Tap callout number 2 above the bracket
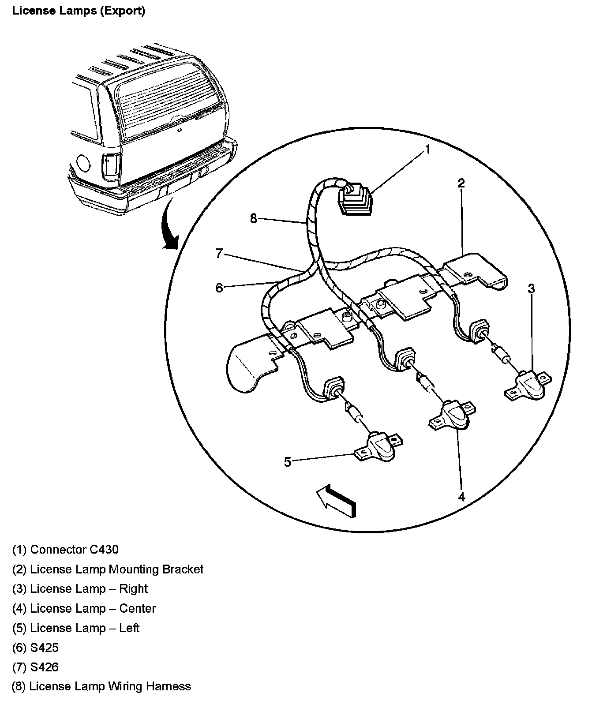pyautogui.click(x=461, y=183)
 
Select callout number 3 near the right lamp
pyautogui.click(x=532, y=289)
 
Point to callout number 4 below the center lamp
pyautogui.click(x=461, y=497)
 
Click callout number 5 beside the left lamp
pyautogui.click(x=288, y=462)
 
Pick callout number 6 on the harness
pyautogui.click(x=219, y=288)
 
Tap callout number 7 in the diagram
pyautogui.click(x=219, y=254)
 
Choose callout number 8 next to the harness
pyautogui.click(x=254, y=218)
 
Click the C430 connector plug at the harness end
pyautogui.click(x=355, y=201)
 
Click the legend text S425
pyautogui.click(x=44, y=648)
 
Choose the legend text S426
pyautogui.click(x=44, y=667)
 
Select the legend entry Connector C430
pyautogui.click(x=74, y=550)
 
